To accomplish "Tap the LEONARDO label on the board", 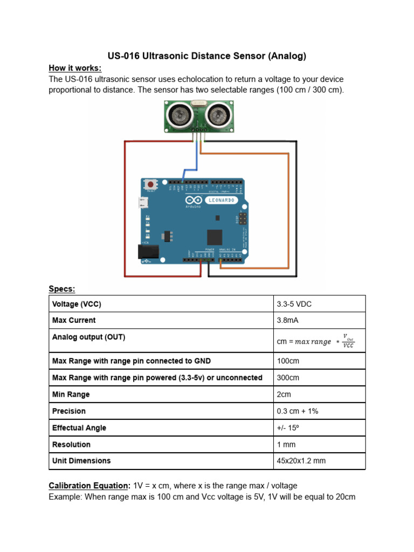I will tap(221, 199).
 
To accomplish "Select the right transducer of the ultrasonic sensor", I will tap(218, 114).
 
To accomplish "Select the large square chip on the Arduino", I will tap(215, 237).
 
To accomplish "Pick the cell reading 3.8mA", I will tap(287, 320).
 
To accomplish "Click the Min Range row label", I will tap(71, 395).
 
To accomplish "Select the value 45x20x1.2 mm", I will tap(301, 461).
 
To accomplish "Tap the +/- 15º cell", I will tap(289, 428).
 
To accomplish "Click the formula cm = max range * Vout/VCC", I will tap(315, 341).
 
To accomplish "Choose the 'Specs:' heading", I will tap(62, 289).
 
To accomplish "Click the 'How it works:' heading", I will tap(75, 68).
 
